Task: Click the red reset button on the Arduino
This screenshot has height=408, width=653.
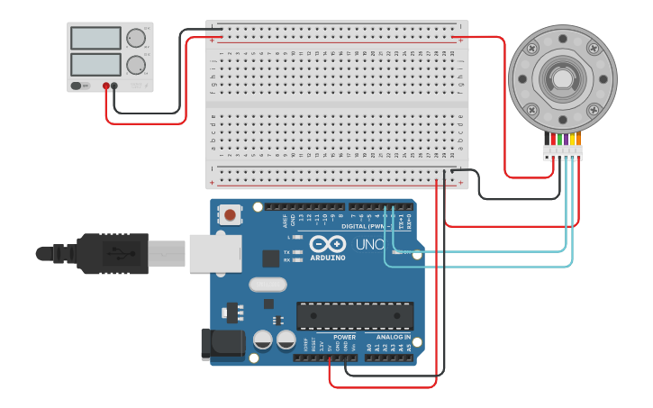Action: point(231,215)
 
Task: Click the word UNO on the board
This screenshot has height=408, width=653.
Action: point(370,244)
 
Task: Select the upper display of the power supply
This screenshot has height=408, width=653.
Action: point(95,38)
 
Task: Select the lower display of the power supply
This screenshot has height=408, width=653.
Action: point(95,64)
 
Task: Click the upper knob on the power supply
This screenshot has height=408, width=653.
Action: point(135,38)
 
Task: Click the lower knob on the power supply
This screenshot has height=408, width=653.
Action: point(135,65)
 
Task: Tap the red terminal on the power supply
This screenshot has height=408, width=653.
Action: point(106,86)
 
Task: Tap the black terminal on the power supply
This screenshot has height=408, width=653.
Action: point(114,86)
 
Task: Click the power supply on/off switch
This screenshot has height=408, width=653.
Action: point(79,86)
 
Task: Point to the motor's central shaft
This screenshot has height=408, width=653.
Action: point(562,78)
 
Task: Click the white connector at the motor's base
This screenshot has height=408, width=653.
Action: point(562,152)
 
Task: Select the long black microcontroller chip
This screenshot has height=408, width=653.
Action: point(355,316)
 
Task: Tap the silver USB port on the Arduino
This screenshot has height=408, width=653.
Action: point(214,253)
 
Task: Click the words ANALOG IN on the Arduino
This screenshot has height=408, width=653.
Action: point(393,337)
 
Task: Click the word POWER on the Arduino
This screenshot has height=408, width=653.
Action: point(344,337)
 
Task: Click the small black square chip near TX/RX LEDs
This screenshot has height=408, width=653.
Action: point(270,258)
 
